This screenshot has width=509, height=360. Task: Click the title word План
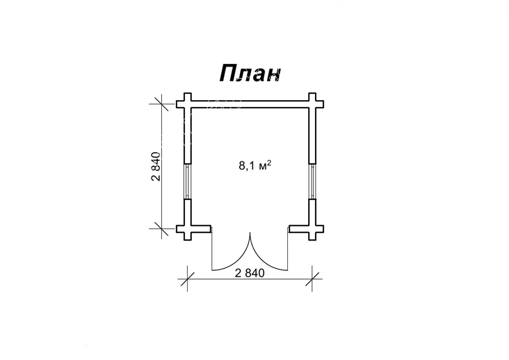click(250, 74)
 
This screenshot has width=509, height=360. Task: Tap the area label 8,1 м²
click(255, 166)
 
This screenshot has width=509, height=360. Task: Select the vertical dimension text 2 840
click(156, 166)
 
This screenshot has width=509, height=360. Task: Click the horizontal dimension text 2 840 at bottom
click(249, 273)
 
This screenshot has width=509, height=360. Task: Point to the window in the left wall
click(187, 181)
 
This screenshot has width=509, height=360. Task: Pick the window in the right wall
click(312, 181)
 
